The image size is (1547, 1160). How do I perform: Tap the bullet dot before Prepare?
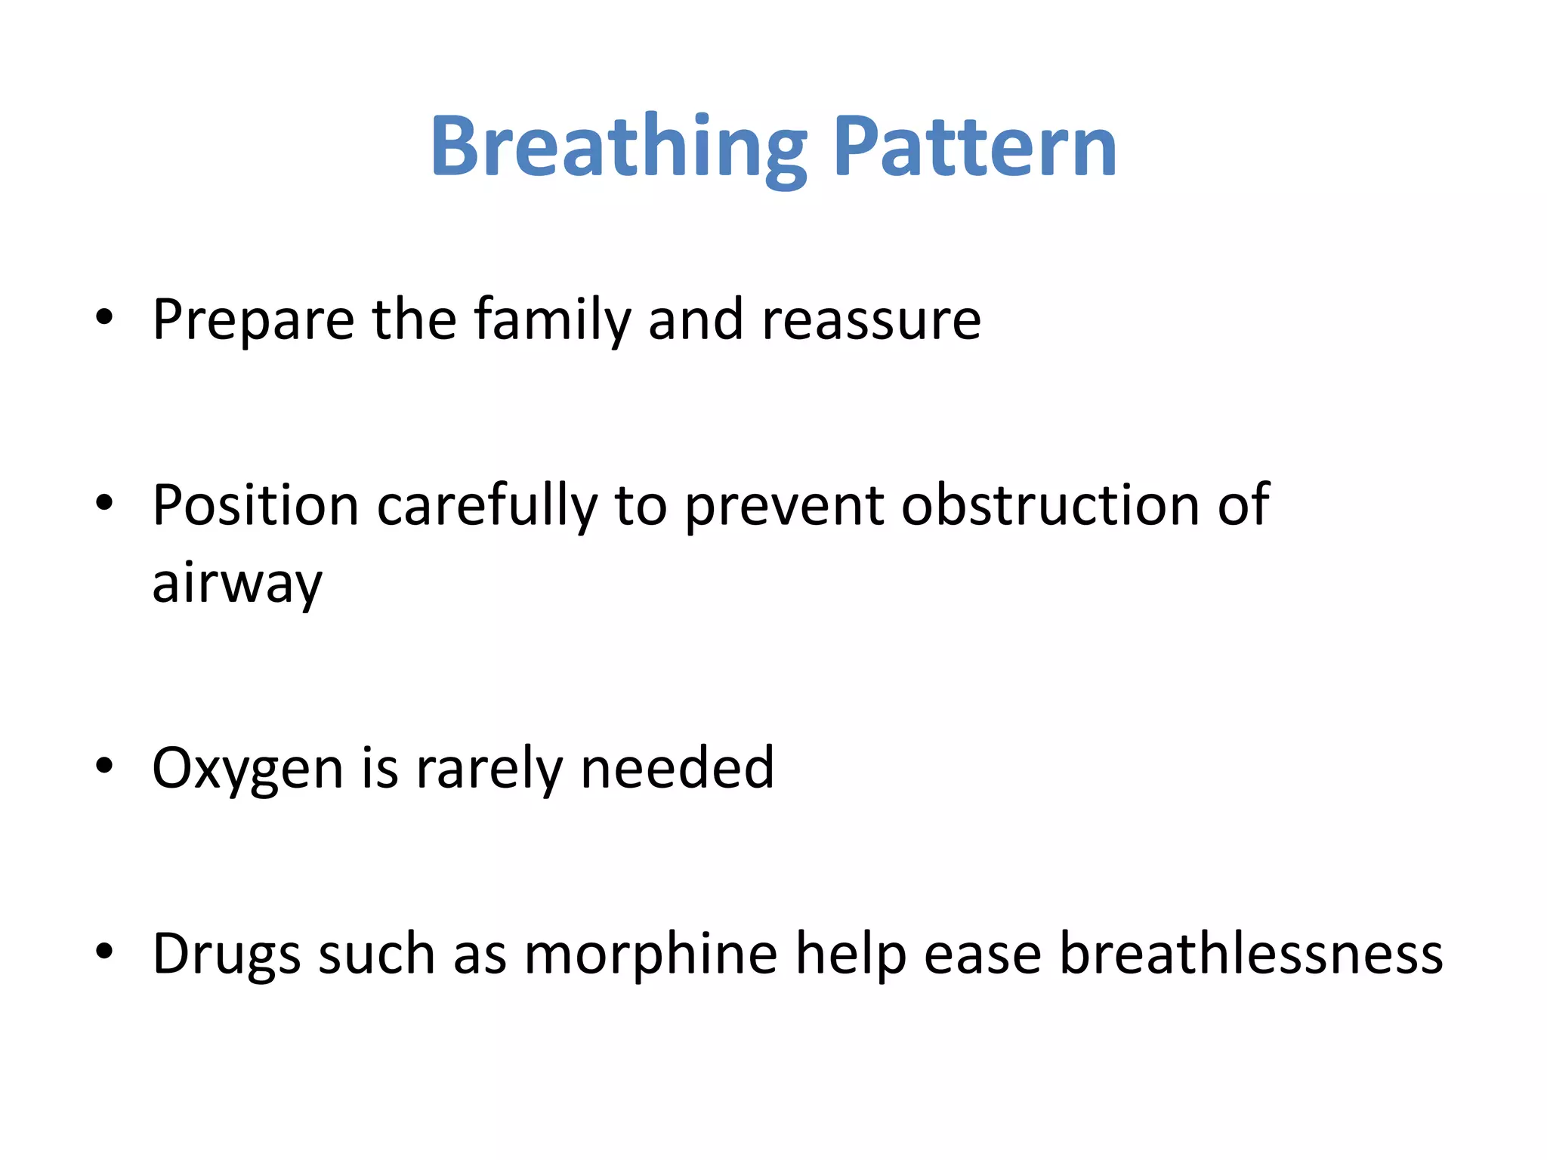coord(104,318)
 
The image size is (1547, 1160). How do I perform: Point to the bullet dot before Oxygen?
coord(104,766)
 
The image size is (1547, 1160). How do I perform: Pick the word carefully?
coord(486,506)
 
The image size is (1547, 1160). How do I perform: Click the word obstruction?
coord(1049,504)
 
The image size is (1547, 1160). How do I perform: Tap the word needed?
coord(677,768)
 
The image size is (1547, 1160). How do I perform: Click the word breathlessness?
coord(1251,954)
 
